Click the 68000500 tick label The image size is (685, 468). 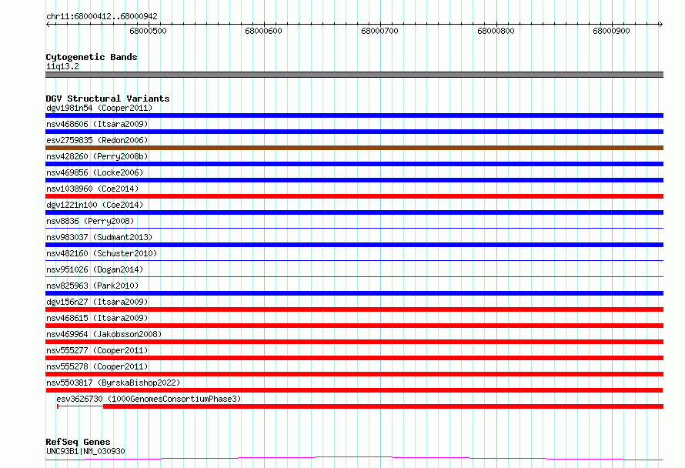coord(148,31)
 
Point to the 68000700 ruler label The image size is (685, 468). coord(379,31)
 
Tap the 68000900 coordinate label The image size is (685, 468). coord(611,31)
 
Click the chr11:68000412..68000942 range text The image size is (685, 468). coord(102,17)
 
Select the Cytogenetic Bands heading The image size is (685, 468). coord(92,57)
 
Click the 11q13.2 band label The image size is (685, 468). coord(62,66)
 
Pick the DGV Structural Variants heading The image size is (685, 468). coord(108,99)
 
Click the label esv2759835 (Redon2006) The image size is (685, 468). coord(97,140)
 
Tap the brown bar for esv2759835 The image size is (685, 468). coord(354,148)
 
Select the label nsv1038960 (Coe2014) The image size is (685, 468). coord(92,189)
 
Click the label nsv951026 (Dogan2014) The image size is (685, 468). coord(95,269)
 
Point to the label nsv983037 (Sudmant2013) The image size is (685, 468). coord(99,237)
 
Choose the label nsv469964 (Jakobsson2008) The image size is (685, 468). coord(104,334)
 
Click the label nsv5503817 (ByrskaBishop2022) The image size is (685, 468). coord(113,383)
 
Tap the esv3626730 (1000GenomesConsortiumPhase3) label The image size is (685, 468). coord(149,399)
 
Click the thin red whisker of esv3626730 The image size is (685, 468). coord(80,406)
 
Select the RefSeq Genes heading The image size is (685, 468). coord(78,442)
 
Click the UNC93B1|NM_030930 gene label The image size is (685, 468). coord(85,451)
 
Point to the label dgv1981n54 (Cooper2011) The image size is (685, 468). coord(99,108)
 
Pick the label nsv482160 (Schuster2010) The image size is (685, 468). coord(102,253)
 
